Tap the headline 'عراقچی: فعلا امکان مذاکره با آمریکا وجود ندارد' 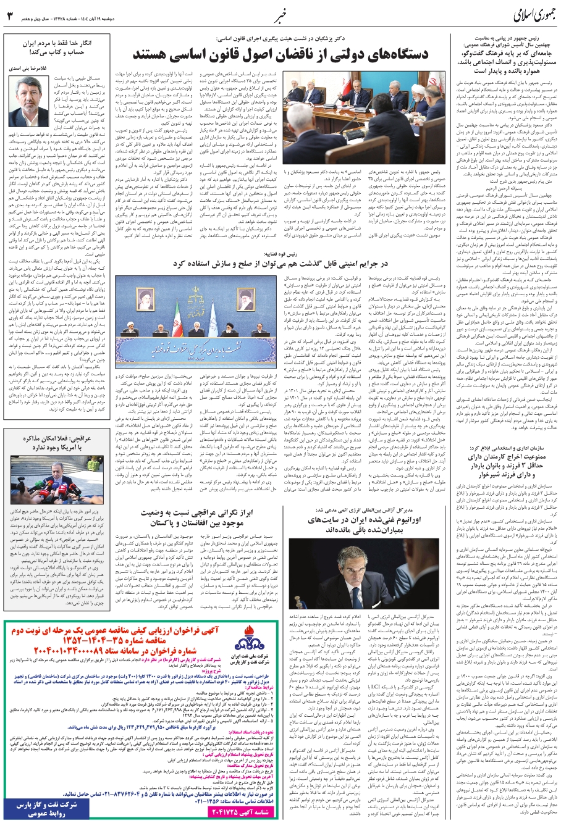(47, 425)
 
